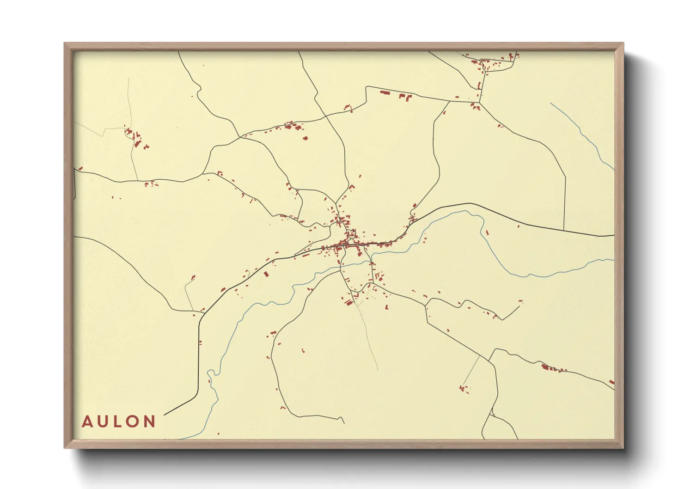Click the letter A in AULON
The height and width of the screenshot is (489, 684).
coord(87,422)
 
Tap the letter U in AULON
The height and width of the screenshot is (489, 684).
coord(103,422)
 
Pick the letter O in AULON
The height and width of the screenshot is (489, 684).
coord(133,422)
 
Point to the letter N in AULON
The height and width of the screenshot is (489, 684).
coord(150,422)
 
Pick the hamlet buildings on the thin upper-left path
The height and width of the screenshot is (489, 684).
coord(135,138)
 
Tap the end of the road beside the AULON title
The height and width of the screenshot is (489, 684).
coord(165,415)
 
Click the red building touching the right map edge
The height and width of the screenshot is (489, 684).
coord(612,382)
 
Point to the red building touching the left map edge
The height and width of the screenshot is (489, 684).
coord(80,168)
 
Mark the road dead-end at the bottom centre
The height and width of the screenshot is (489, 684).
coord(344,422)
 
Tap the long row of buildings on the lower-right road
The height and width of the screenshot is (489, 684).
coord(553,369)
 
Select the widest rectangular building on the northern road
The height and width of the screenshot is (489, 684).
coord(385,93)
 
